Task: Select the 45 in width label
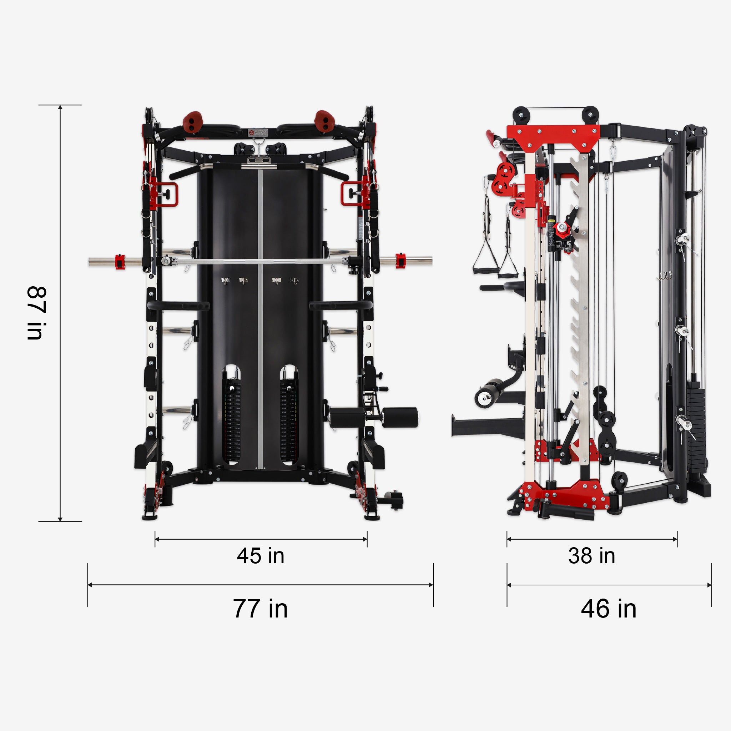(x=260, y=556)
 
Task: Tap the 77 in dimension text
(x=260, y=609)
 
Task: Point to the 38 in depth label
(x=591, y=556)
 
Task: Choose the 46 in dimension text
(x=609, y=609)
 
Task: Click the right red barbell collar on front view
(x=400, y=261)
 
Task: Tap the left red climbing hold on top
(x=193, y=121)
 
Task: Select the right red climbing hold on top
(x=323, y=121)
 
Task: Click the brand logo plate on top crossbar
(x=258, y=132)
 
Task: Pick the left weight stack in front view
(x=232, y=420)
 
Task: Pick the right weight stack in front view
(x=289, y=420)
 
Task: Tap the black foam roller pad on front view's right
(x=400, y=417)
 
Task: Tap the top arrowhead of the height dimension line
(x=60, y=107)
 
